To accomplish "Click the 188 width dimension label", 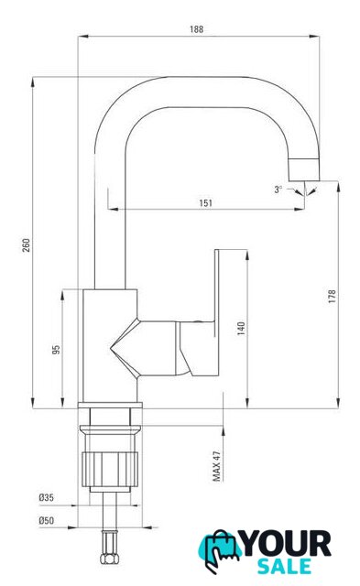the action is tap(197, 28).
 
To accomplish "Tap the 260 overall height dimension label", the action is tap(27, 244).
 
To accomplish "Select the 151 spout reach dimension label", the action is tap(205, 203).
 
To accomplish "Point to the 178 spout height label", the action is tap(332, 296).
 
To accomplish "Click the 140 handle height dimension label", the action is tap(241, 328).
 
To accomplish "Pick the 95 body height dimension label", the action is tap(56, 350).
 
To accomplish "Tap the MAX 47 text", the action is tap(216, 466).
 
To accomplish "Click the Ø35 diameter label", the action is tap(47, 497).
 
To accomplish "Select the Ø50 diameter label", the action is tap(47, 520).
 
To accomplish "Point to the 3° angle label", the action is tap(278, 190).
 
